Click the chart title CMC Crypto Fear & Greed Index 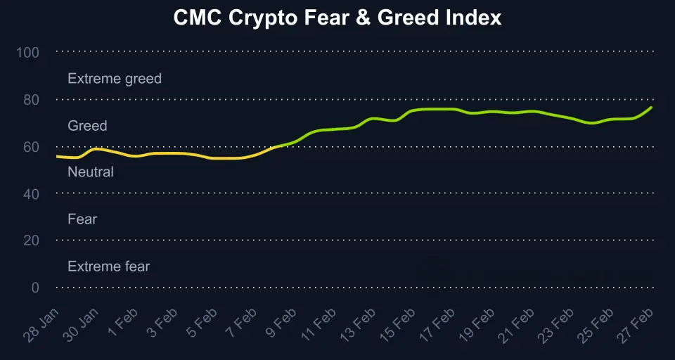click(x=337, y=18)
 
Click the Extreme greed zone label click(x=115, y=79)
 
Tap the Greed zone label click(x=87, y=126)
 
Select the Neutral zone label click(x=91, y=172)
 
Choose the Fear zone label click(x=82, y=219)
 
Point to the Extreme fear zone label click(x=109, y=266)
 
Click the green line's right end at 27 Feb click(x=652, y=108)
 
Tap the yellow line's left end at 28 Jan click(x=57, y=156)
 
